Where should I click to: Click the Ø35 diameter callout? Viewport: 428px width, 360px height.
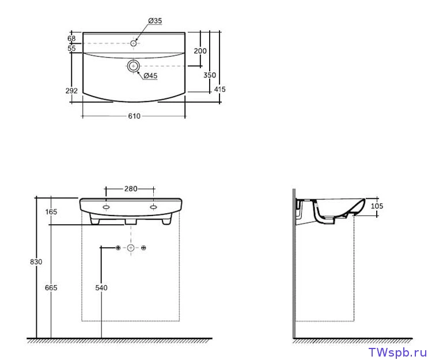[x=155, y=21]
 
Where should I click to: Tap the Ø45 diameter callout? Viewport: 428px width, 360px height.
[x=150, y=75]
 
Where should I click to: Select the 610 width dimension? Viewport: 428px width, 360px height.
[x=134, y=116]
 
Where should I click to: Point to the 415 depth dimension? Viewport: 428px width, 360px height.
[x=219, y=89]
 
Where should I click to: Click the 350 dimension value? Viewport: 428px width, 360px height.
[x=210, y=75]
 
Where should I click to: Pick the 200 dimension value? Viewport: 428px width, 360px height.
[x=200, y=51]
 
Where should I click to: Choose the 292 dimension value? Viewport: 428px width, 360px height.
[x=71, y=90]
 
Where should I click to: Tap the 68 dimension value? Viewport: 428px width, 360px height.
[x=71, y=39]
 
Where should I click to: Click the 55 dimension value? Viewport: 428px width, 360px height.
[x=71, y=48]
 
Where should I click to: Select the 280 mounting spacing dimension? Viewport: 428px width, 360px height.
[x=131, y=188]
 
